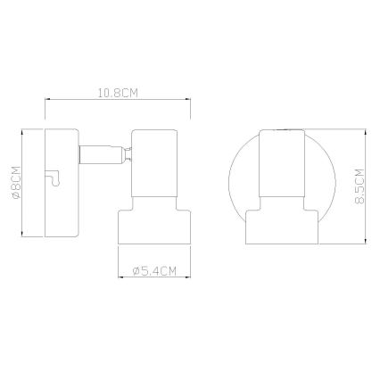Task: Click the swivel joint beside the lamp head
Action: (129, 155)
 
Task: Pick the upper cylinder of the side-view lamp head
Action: (157, 166)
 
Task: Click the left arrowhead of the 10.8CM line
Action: (46, 102)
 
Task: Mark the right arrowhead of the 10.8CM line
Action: (194, 102)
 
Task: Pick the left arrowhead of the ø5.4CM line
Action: (120, 278)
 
